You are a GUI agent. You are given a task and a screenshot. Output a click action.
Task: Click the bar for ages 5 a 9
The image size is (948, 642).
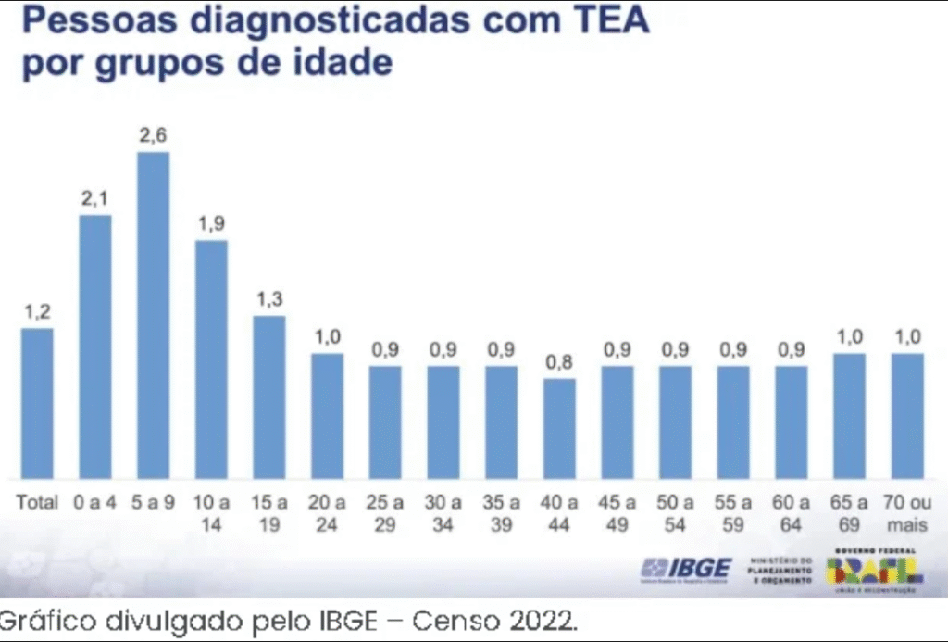pos(154,315)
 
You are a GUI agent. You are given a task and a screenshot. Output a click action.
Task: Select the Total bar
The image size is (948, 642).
pos(37,403)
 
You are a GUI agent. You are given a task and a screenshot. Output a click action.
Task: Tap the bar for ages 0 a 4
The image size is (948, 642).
pos(95,346)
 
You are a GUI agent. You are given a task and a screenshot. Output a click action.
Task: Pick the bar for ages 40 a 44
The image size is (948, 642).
pos(559,428)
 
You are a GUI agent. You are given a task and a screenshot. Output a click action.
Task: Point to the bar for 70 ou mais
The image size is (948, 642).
pos(907,416)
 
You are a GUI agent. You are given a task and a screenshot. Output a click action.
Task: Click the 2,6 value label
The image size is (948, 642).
pos(154,135)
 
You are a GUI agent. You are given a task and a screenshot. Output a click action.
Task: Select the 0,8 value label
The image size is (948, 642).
pos(559,362)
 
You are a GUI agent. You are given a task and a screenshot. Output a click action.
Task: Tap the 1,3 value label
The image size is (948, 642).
pos(269,299)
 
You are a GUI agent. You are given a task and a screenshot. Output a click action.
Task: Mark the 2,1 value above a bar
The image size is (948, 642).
pos(95,198)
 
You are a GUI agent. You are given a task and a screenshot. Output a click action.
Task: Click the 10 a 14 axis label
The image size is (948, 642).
pos(211,512)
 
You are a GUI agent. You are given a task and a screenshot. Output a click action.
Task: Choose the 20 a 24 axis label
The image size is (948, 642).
pos(327,512)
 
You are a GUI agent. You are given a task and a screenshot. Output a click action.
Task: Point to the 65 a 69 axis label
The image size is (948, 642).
pos(849,512)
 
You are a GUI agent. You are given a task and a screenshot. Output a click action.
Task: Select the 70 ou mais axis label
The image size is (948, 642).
pos(907,512)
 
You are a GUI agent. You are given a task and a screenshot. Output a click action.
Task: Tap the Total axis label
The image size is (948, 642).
pos(37,503)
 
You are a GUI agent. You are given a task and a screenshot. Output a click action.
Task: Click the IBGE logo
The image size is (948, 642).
pos(687,568)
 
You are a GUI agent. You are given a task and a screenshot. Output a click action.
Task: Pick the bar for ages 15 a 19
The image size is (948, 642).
pos(269,397)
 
